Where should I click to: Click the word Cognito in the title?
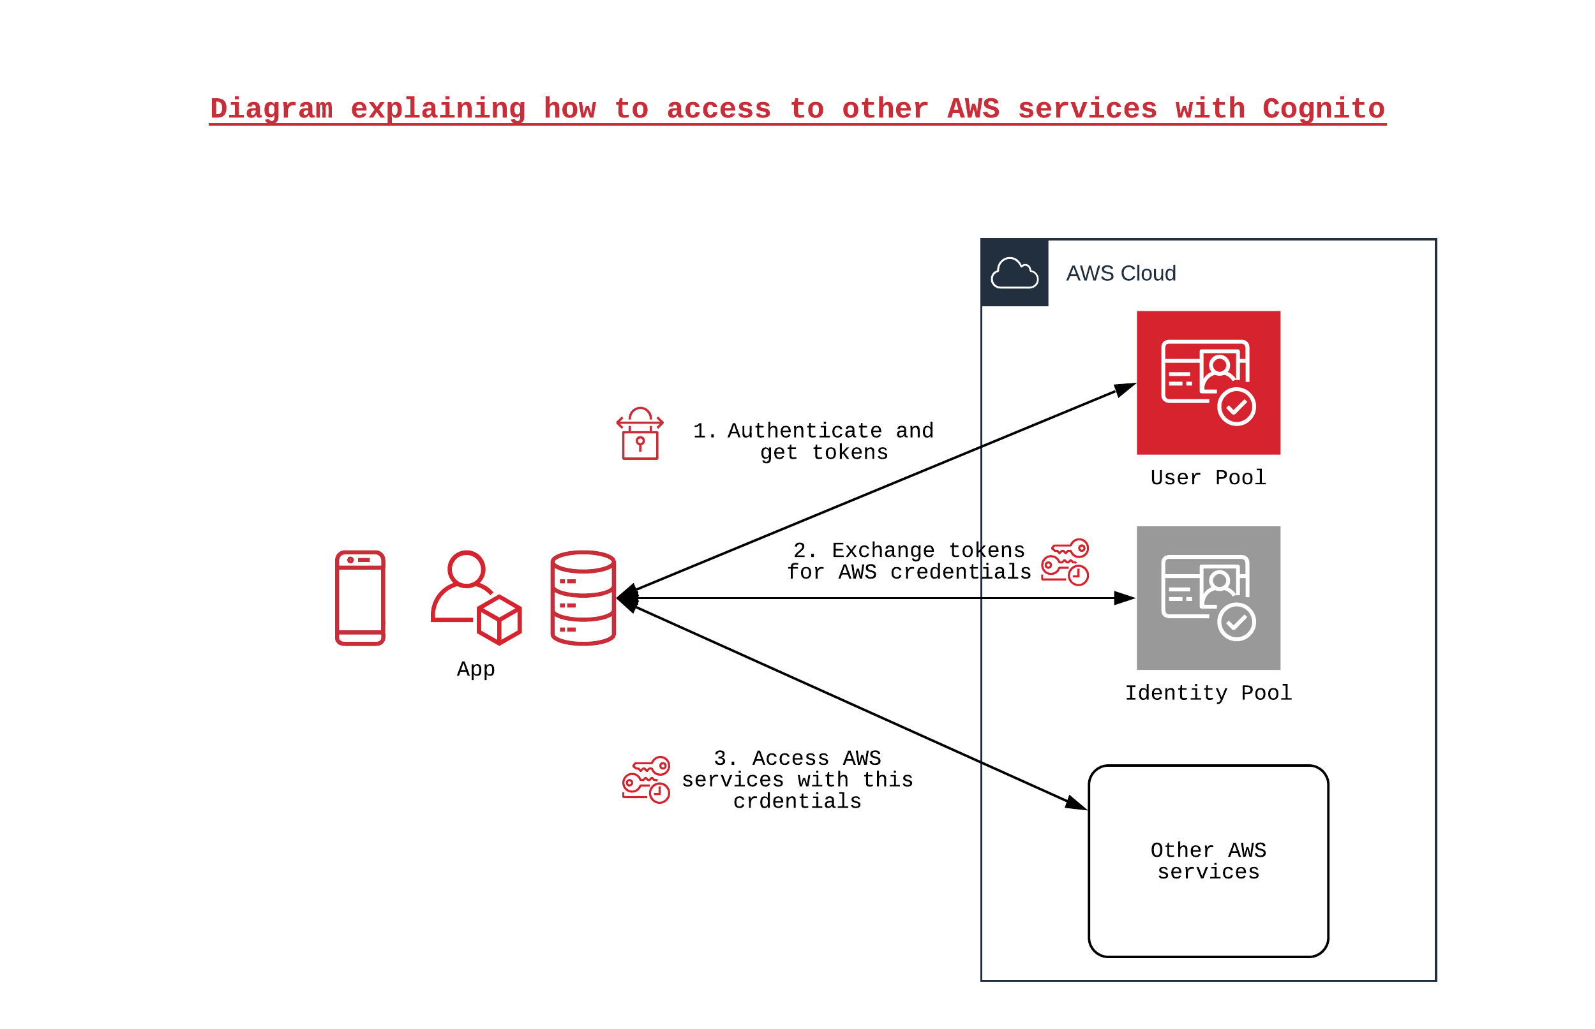(1322, 108)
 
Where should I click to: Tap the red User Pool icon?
(1208, 382)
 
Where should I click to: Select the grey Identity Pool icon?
(1208, 597)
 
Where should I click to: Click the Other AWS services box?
(1208, 861)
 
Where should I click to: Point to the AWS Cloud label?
(1120, 273)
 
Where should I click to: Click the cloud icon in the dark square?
(1014, 272)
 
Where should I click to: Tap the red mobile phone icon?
(359, 597)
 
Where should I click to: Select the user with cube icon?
(476, 597)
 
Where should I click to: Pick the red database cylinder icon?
(583, 597)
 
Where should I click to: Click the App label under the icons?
(476, 669)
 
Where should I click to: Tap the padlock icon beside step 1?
(640, 434)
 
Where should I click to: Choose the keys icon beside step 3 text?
(646, 779)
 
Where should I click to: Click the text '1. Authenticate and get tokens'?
(813, 441)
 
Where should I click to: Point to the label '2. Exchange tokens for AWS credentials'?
(908, 561)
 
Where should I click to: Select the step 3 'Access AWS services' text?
(797, 779)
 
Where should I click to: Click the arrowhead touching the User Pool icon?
(1126, 389)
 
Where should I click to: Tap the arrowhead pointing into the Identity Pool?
(1125, 598)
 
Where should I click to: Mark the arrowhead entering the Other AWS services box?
(1076, 804)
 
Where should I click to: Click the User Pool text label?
(1208, 477)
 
